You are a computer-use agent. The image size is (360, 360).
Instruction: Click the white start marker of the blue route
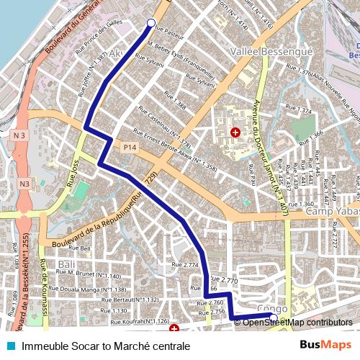[x=151, y=23]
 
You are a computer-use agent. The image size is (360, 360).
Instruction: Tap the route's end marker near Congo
[x=273, y=317]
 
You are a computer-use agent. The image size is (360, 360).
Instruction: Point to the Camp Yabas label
[x=332, y=212]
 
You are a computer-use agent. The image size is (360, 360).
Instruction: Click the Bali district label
[x=67, y=264]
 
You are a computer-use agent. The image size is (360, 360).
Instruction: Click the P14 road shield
[x=129, y=148]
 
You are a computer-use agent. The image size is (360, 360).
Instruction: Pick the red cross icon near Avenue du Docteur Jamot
[x=234, y=132]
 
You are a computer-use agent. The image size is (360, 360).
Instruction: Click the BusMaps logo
[x=325, y=346]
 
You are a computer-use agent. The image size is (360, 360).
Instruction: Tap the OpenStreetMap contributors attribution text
[x=297, y=323]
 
